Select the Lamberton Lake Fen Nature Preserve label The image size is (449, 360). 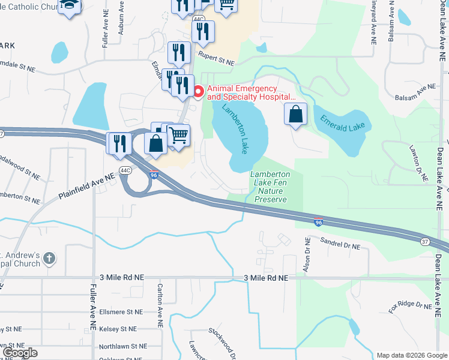coord(270,187)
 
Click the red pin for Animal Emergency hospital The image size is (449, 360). coord(199,92)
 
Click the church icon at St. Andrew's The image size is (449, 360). coord(50,259)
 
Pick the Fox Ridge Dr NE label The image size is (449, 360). coord(411,307)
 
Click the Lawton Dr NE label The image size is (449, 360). coord(418,163)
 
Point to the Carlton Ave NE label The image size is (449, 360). coord(160,305)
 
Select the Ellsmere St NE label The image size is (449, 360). coord(121,312)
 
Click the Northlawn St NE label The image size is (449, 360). coord(123,346)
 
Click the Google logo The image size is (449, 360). coord(20,353)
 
